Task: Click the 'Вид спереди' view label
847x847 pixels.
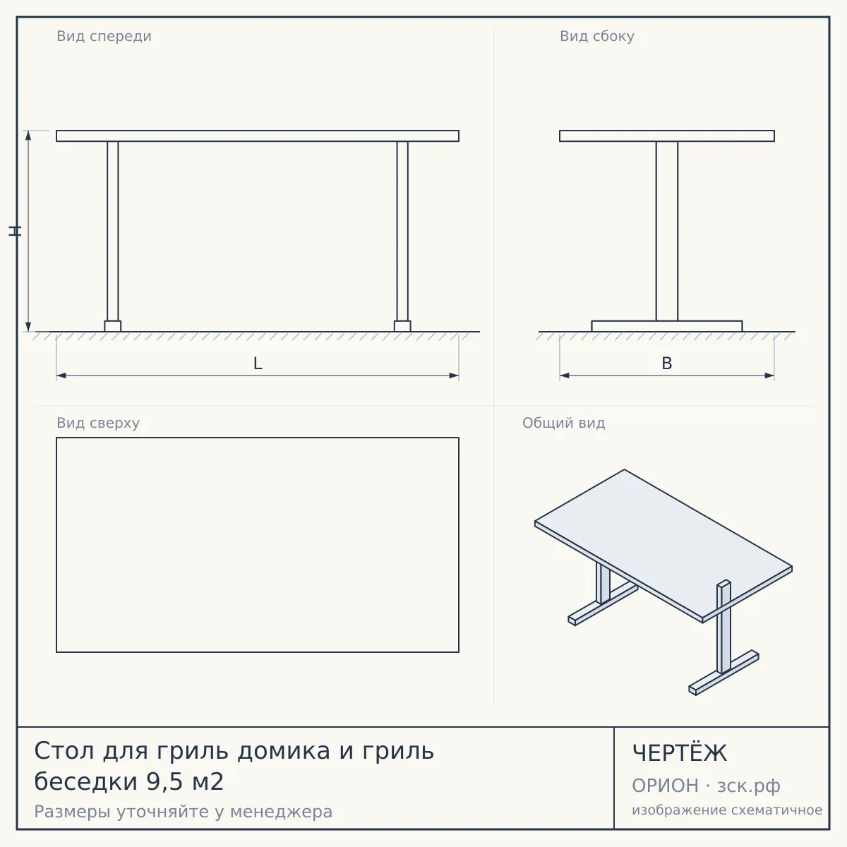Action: [x=104, y=36]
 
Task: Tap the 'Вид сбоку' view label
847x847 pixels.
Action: [x=597, y=36]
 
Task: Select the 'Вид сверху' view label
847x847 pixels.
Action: [x=98, y=423]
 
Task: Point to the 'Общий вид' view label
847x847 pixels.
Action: [x=563, y=423]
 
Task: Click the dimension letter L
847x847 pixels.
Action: [x=258, y=364]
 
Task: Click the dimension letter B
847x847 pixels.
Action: [x=667, y=364]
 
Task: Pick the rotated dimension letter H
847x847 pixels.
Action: [x=15, y=232]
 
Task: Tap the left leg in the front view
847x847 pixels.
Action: [x=112, y=231]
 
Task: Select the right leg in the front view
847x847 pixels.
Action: [x=402, y=231]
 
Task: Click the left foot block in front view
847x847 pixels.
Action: [x=112, y=326]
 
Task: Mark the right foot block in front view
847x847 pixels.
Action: [x=402, y=326]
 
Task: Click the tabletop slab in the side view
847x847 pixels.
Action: [x=667, y=136]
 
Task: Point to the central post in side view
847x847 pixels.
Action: [x=667, y=231]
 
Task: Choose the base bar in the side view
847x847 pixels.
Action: [x=667, y=326]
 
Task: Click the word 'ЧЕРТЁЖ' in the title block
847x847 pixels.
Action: [x=680, y=753]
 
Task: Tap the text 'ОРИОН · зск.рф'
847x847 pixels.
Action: [x=706, y=786]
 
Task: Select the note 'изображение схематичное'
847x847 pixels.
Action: [x=727, y=810]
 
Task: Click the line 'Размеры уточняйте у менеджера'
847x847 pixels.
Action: [x=184, y=812]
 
